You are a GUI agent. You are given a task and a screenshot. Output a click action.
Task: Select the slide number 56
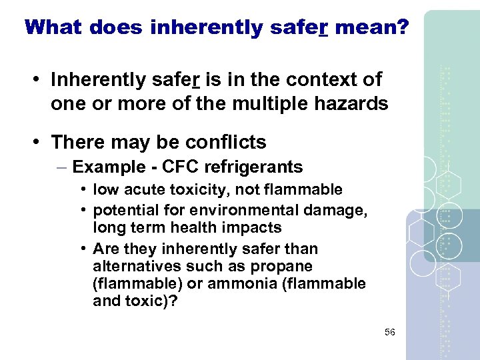tap(389, 332)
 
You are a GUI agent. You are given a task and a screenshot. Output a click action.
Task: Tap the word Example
tap(103, 167)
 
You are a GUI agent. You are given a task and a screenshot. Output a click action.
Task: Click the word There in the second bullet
tap(75, 142)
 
